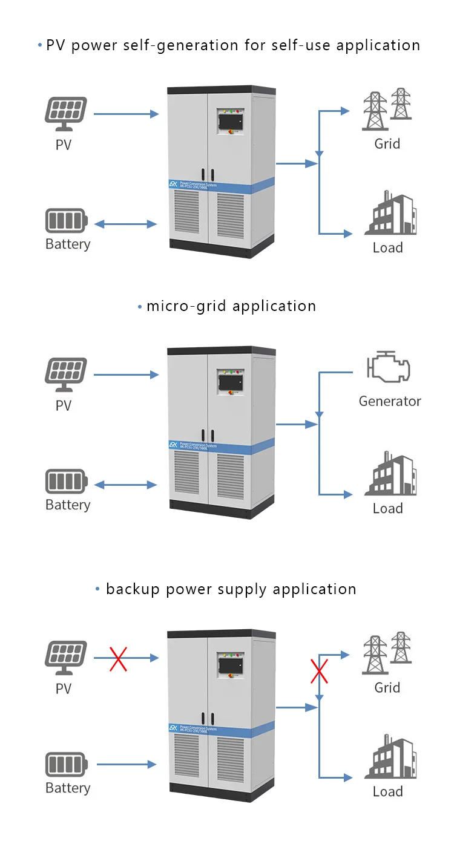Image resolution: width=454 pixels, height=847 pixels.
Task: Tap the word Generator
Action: pos(390,401)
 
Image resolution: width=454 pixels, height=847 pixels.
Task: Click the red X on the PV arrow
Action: pos(119,658)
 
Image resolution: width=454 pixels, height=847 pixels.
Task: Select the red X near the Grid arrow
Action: pos(319,671)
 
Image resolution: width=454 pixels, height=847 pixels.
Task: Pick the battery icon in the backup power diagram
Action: pos(66,765)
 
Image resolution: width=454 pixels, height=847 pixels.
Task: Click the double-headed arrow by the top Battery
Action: pos(126,224)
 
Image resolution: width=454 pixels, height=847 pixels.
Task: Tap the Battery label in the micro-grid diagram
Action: pos(68,505)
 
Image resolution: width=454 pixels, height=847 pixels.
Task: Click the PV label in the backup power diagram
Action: pos(64,688)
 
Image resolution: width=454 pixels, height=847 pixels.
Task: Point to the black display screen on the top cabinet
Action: pos(231,122)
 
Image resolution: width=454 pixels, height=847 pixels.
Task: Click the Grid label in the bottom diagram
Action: pos(387,688)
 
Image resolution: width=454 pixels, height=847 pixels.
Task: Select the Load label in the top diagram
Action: pos(388,247)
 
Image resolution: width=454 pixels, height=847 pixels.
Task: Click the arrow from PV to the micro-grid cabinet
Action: pos(126,375)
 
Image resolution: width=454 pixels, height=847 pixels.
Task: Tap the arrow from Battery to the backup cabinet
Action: pos(126,765)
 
